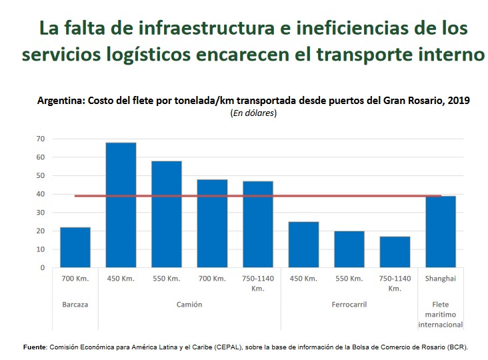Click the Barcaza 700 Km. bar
click(x=75, y=247)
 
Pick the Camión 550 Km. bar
click(x=166, y=215)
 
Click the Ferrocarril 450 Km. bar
click(x=303, y=245)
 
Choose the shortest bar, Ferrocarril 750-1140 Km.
click(x=395, y=252)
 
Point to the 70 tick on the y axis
click(x=41, y=139)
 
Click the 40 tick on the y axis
click(x=41, y=195)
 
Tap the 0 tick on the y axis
click(x=43, y=268)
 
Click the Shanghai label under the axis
click(x=440, y=279)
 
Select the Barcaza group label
click(x=75, y=305)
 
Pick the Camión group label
click(x=189, y=305)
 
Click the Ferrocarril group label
click(x=349, y=305)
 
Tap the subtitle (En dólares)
click(x=253, y=113)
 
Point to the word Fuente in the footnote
click(x=34, y=347)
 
